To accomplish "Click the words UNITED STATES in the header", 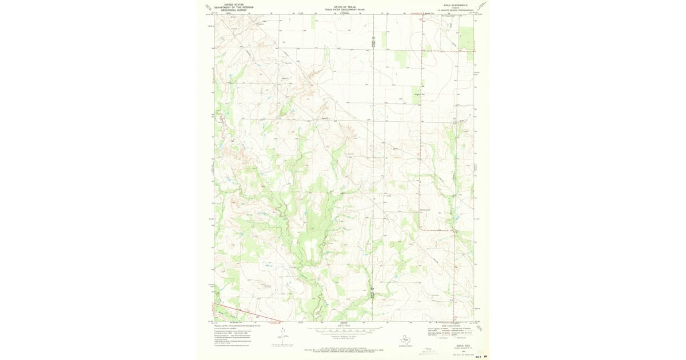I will pos(234,4).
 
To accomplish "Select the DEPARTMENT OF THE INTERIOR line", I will pos(234,7).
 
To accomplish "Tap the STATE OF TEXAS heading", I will pos(344,7).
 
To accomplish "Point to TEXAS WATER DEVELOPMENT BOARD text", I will pos(344,10).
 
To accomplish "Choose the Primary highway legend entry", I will pos(434,329).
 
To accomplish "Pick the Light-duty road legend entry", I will pos(460,329).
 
